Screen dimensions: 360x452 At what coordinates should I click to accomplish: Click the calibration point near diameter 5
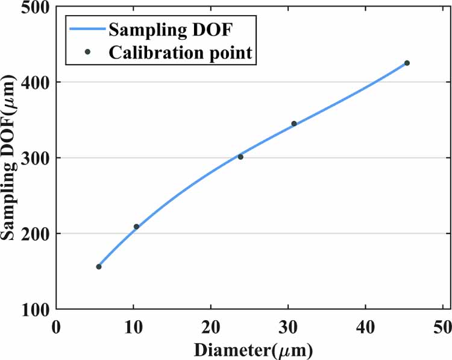coord(99,267)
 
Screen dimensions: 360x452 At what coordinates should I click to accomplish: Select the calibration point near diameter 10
coord(136,227)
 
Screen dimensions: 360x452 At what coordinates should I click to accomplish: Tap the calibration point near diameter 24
coord(240,157)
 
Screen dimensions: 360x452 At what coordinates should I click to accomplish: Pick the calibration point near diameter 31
coord(294,124)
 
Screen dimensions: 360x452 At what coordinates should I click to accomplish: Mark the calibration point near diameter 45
coord(407,63)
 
